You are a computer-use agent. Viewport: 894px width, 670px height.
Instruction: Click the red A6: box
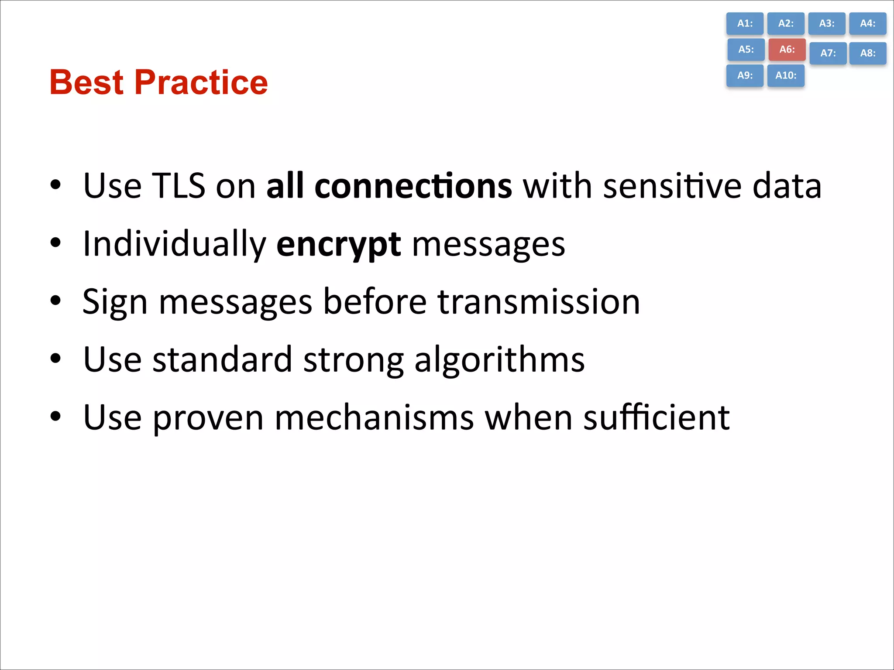coord(787,49)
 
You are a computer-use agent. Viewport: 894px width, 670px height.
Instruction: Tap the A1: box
coord(745,24)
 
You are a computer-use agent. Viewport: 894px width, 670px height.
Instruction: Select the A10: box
coord(786,75)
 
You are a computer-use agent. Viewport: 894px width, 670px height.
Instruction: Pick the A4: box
coord(867,24)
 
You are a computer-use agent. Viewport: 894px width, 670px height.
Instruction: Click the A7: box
coord(828,53)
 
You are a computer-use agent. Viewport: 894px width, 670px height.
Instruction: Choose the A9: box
coord(745,75)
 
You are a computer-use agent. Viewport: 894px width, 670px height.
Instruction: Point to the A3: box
coord(826,24)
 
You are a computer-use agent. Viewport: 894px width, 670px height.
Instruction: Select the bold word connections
coord(413,186)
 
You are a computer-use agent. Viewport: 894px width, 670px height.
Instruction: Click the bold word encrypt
coord(338,244)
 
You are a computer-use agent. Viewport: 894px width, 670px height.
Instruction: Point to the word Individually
coord(174,244)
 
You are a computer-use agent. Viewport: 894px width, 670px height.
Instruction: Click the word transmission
coord(539,302)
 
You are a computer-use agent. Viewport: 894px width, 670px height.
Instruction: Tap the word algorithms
coord(499,360)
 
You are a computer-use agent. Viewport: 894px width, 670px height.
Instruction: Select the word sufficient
coord(657,417)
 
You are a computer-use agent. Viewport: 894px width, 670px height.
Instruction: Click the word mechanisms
coord(374,417)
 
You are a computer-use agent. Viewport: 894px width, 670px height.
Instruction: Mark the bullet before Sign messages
coord(55,301)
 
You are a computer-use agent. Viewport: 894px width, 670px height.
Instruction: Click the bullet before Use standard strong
coord(55,359)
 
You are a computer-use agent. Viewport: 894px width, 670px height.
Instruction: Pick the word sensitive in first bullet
coord(672,186)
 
